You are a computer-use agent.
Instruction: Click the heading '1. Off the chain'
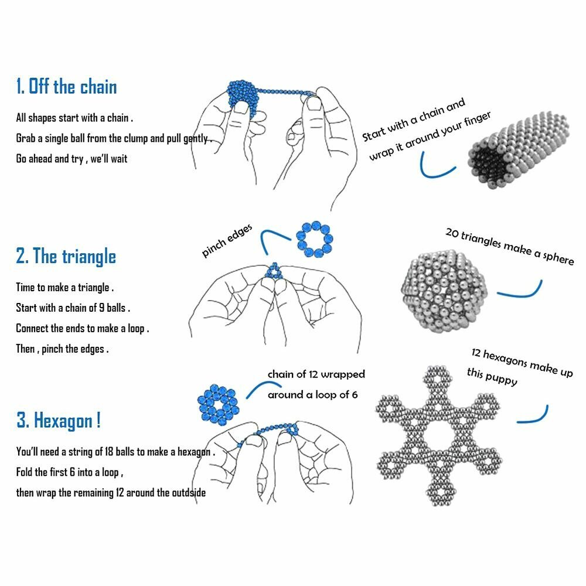click(x=67, y=86)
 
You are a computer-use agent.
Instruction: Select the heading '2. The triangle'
click(x=66, y=256)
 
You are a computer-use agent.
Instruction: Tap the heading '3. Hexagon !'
click(x=59, y=420)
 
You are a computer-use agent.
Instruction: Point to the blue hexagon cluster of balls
click(x=218, y=405)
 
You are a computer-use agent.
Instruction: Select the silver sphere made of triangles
click(x=444, y=291)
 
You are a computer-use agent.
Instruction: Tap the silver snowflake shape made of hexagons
click(x=438, y=436)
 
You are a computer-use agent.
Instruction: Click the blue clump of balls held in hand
click(x=243, y=97)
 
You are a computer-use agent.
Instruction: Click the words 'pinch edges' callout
click(x=227, y=241)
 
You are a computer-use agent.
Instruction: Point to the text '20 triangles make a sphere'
click(x=509, y=247)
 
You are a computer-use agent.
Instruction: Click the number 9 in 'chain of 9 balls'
click(x=101, y=308)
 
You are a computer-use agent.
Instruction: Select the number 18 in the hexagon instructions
click(x=109, y=451)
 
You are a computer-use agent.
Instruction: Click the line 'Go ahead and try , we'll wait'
click(x=71, y=158)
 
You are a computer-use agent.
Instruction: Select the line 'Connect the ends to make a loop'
click(x=83, y=328)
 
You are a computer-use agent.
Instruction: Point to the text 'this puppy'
click(x=492, y=376)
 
